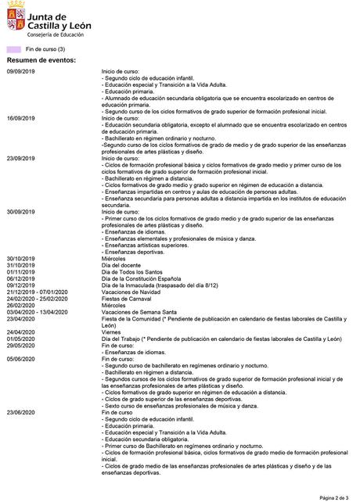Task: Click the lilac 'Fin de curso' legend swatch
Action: [13, 48]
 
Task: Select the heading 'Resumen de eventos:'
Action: [41, 60]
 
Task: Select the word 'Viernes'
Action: [112, 332]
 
